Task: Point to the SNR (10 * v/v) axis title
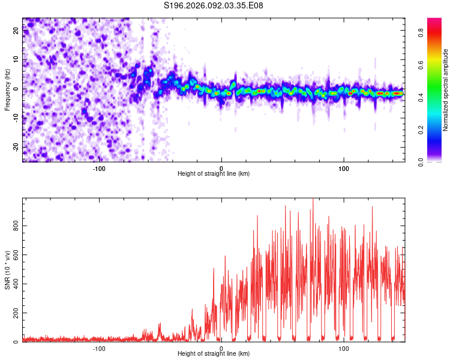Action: pyautogui.click(x=8, y=270)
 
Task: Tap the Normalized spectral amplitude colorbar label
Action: pyautogui.click(x=446, y=90)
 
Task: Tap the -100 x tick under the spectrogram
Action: pyautogui.click(x=99, y=167)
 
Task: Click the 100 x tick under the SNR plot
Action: pyautogui.click(x=344, y=348)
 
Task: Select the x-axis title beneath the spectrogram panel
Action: pyautogui.click(x=214, y=174)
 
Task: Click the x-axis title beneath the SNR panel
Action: pyautogui.click(x=214, y=354)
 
